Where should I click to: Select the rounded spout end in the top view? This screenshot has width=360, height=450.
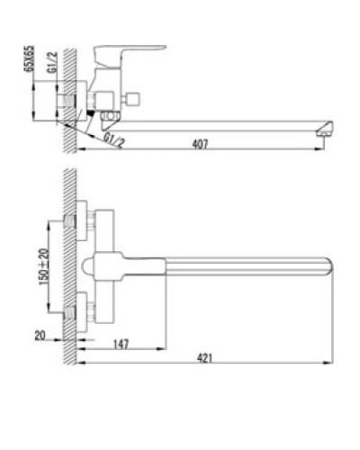click(326, 265)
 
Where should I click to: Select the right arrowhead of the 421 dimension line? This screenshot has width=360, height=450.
click(332, 364)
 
